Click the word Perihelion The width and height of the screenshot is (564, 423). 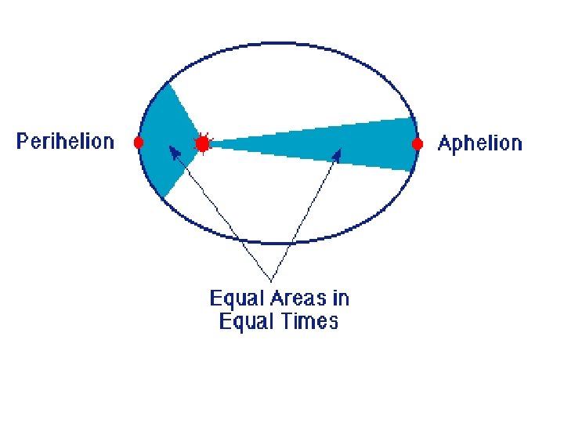pos(65,143)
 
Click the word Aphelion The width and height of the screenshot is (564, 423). pos(479,143)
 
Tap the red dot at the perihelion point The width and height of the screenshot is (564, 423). pos(139,143)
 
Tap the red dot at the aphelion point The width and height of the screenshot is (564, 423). pos(418,144)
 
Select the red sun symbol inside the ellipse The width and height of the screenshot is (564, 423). pos(203,144)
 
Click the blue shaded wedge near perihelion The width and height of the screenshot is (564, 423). pos(164,141)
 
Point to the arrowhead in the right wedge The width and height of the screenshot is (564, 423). pos(338,151)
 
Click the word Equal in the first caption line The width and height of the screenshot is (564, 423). pos(233,298)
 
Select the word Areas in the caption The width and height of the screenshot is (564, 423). pos(295,298)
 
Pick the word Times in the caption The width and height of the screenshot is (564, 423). pos(309,321)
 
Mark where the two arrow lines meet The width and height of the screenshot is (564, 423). pos(270,280)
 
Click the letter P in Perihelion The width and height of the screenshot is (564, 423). pos(22,143)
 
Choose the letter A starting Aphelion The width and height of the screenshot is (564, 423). pos(444,143)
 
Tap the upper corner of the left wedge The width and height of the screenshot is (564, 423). pos(168,81)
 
